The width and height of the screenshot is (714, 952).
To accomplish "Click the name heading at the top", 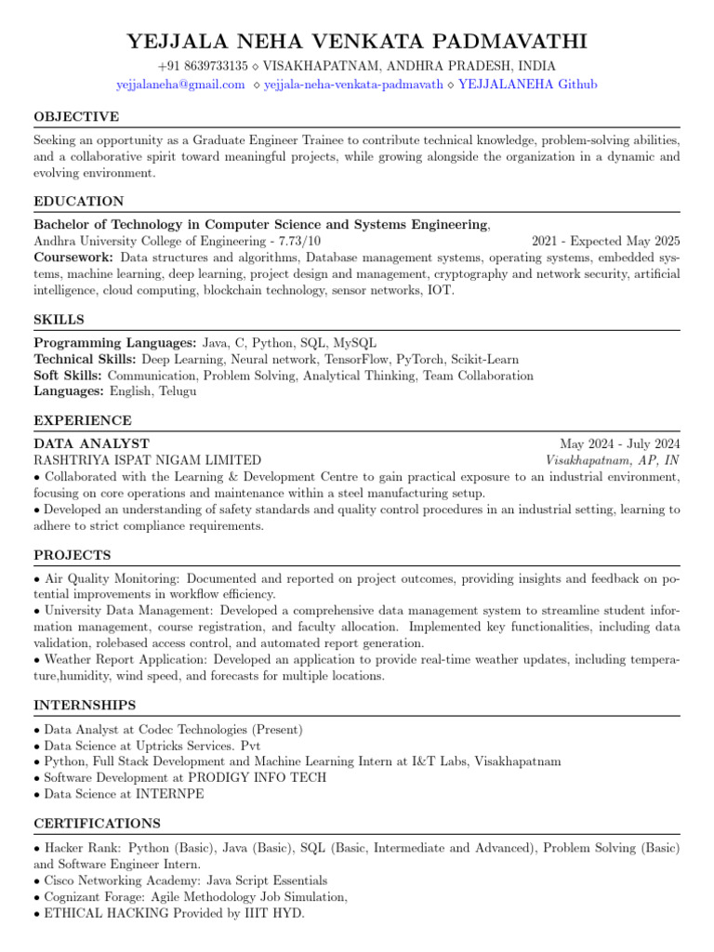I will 357,42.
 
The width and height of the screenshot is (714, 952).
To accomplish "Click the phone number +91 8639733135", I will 203,66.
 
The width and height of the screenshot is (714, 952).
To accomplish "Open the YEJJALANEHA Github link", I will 528,85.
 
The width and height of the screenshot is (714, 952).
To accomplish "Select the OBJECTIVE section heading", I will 76,117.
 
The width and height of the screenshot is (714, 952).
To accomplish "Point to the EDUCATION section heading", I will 79,202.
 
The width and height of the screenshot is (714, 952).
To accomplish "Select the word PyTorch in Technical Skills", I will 420,360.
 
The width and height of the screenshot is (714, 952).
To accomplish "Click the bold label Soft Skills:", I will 69,376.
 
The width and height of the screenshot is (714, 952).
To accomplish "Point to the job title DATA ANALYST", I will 91,443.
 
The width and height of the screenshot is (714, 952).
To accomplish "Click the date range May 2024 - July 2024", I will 619,443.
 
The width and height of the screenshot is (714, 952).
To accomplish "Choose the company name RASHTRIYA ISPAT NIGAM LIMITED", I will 147,460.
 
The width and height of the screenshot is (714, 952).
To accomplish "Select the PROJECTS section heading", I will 73,556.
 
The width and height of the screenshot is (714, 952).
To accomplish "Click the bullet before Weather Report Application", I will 37,659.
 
